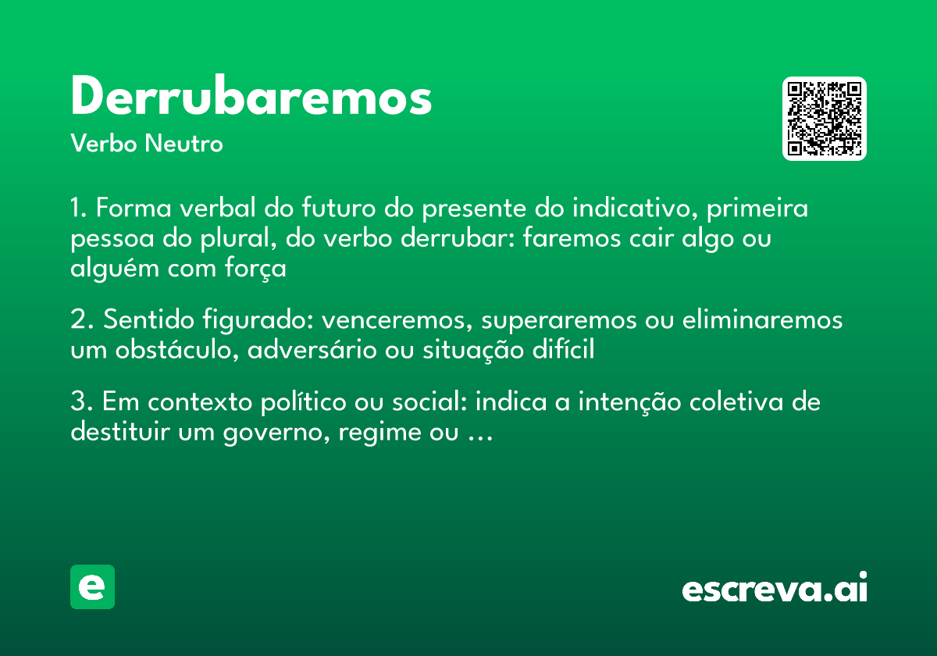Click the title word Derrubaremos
[x=251, y=98]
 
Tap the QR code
[x=825, y=119]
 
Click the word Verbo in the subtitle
[x=103, y=144]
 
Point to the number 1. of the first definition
[x=80, y=210]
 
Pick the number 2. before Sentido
[x=81, y=321]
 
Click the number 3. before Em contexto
[x=81, y=403]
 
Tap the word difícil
[x=565, y=351]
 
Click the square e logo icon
[x=92, y=586]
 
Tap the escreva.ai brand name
[x=775, y=589]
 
